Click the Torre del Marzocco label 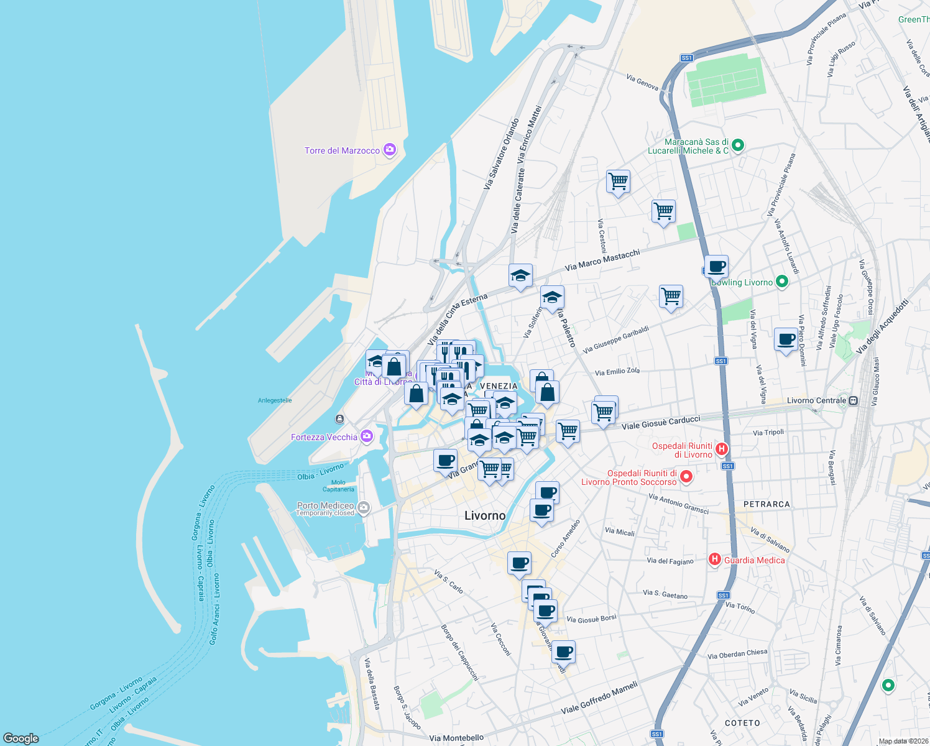coord(342,150)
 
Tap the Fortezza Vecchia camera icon coord(367,436)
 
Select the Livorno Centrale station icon coord(854,400)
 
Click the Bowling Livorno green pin coord(782,282)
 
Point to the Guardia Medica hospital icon coord(715,559)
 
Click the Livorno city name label coord(485,515)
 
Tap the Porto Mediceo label coord(325,505)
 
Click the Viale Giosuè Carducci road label coord(661,423)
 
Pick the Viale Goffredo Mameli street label coord(599,698)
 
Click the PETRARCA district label coord(767,504)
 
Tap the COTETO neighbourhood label coord(742,723)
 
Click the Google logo coord(21,738)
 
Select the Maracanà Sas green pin coord(738,145)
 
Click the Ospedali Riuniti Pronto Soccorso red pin coord(686,477)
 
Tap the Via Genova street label coord(642,82)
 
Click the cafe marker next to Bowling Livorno coord(716,267)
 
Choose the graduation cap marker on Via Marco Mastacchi coord(520,275)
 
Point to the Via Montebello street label coord(456,738)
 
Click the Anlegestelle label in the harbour coord(275,400)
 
